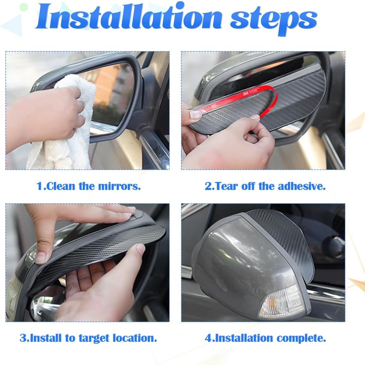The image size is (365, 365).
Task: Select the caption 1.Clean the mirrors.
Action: [89, 186]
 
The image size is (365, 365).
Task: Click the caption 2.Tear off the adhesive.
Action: [265, 186]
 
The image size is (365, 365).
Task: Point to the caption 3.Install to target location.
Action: [88, 338]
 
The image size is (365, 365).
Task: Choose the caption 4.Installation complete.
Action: [265, 338]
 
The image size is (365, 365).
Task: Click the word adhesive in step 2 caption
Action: [302, 186]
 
